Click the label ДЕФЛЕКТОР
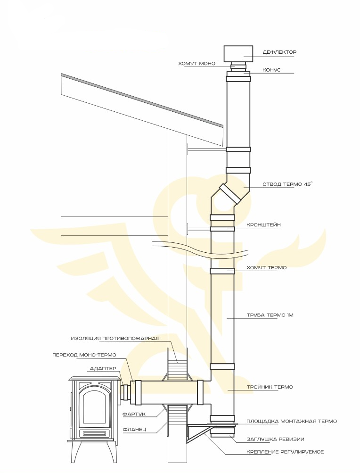click(x=279, y=52)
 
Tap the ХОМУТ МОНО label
click(x=197, y=63)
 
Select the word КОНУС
click(x=271, y=70)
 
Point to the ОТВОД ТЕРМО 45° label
click(x=287, y=184)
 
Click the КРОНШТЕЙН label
click(x=263, y=225)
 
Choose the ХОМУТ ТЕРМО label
click(x=267, y=267)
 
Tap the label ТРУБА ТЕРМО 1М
click(x=270, y=315)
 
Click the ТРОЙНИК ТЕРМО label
click(x=270, y=387)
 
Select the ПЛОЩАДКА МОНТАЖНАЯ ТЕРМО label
click(x=292, y=421)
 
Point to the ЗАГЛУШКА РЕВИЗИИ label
click(x=275, y=439)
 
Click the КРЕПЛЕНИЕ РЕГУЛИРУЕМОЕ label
click(x=285, y=452)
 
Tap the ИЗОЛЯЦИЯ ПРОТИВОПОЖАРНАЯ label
click(x=115, y=338)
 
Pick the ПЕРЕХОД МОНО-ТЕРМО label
click(x=84, y=355)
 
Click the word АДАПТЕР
click(x=103, y=369)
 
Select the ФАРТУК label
click(x=134, y=414)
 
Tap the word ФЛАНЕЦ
click(x=134, y=429)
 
